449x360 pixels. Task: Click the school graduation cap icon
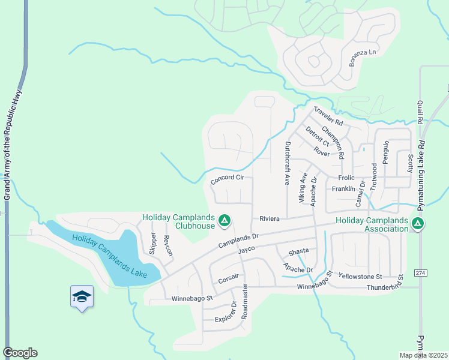[82, 296]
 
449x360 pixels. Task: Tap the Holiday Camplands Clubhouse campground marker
[224, 221]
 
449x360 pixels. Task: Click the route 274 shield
[420, 273]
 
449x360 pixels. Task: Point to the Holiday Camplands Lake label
[109, 256]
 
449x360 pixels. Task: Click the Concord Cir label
[228, 178]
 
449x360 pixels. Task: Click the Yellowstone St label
[360, 277]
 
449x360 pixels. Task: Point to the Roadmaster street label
[244, 303]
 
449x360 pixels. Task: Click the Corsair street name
[229, 278]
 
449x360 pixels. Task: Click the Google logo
[20, 353]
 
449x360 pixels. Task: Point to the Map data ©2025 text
[423, 355]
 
